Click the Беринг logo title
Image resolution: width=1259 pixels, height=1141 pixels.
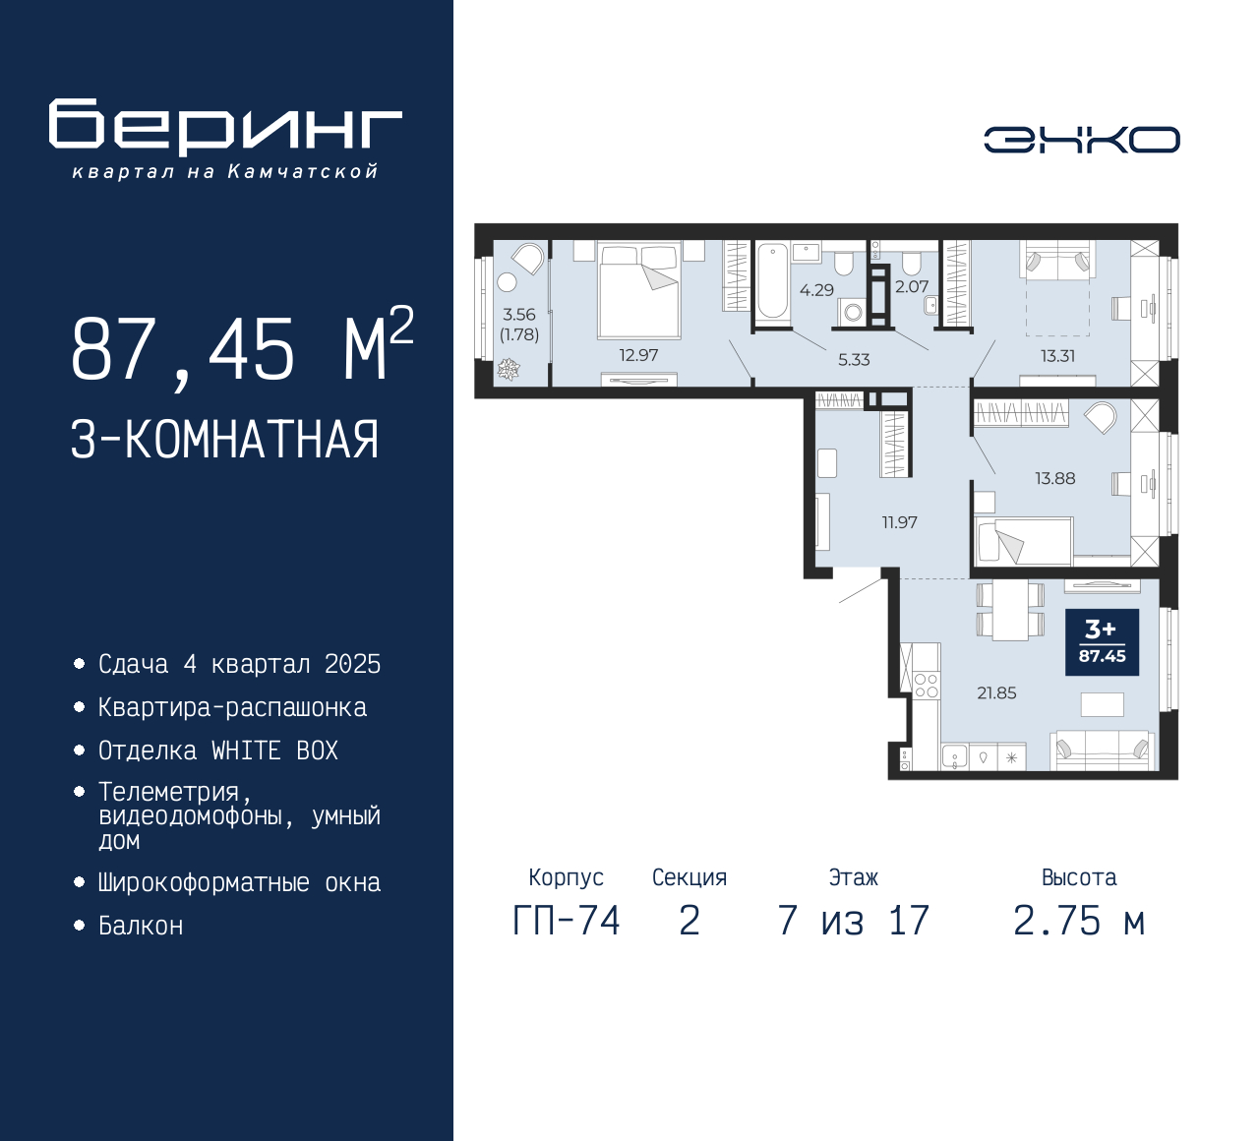coord(225,126)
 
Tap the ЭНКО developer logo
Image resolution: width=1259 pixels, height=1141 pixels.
coord(1081,140)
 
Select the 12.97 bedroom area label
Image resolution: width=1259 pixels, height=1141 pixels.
coord(638,355)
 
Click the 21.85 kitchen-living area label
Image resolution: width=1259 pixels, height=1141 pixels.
coord(996,692)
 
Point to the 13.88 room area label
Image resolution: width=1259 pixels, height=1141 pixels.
coord(1054,478)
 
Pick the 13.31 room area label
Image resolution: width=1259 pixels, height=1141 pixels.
coord(1057,356)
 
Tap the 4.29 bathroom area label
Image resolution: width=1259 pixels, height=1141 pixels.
coord(816,290)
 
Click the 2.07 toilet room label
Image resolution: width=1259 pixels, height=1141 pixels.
coord(911,286)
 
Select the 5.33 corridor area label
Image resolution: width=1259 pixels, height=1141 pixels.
coord(854,359)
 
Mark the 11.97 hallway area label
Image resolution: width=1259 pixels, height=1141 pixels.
coord(899,522)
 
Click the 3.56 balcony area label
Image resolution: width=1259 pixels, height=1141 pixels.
coord(519,315)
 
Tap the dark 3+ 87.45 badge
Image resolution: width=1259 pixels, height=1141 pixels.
coord(1102,642)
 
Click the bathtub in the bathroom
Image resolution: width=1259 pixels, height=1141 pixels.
coord(772,281)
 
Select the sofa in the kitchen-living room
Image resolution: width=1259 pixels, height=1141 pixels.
coord(1102,750)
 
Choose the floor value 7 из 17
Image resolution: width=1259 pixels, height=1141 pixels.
coord(853,921)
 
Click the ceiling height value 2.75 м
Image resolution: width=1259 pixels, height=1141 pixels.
coord(1079,921)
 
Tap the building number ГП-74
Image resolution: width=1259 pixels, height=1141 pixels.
coord(567,921)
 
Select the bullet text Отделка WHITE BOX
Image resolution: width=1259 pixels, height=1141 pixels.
coord(217,751)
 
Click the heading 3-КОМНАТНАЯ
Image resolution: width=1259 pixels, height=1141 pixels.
coord(225,440)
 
